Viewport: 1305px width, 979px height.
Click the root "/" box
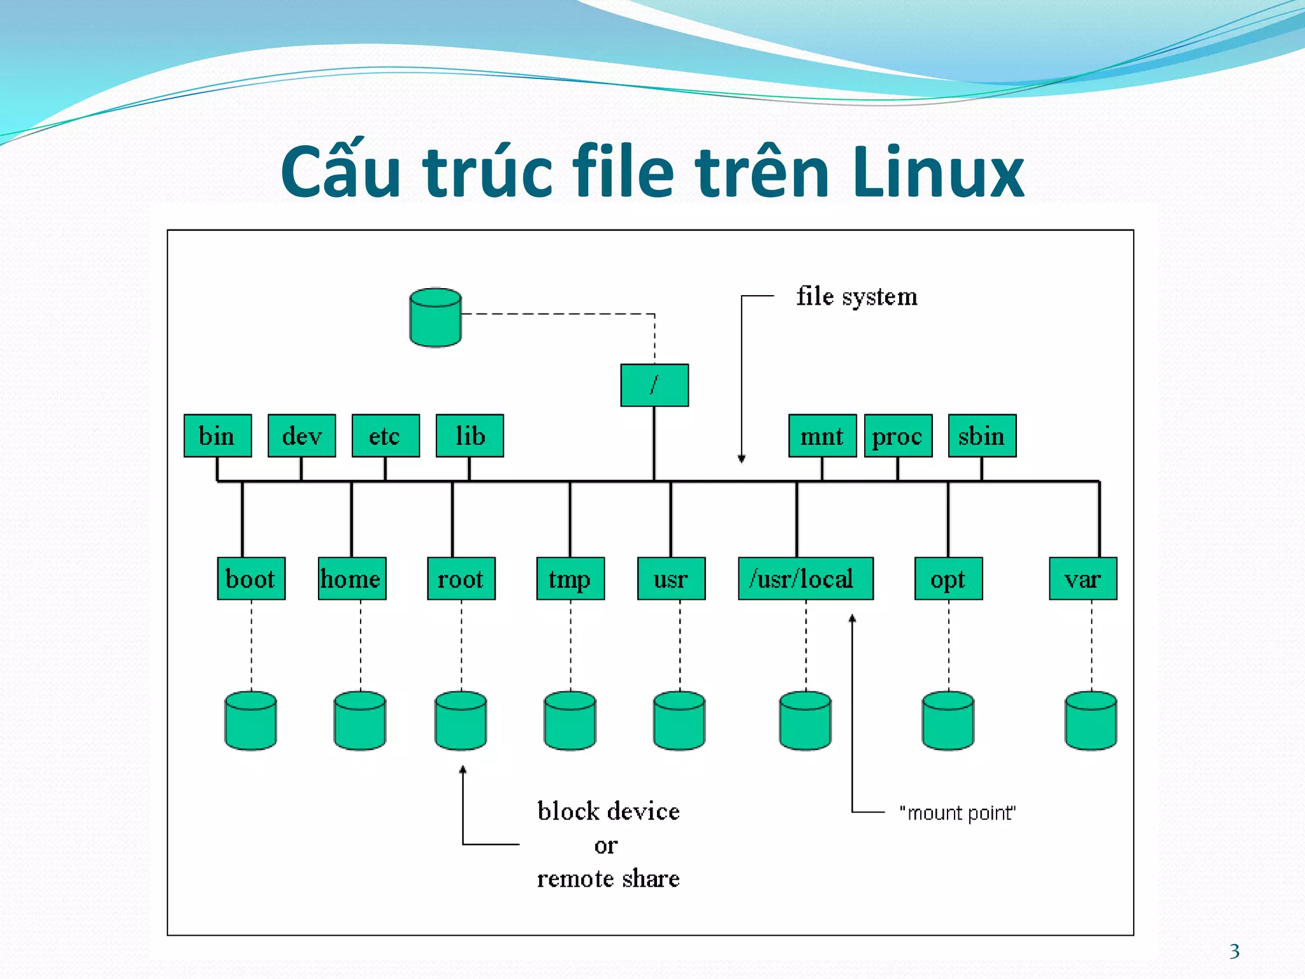654,385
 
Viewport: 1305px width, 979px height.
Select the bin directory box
217,436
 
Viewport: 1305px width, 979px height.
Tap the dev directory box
301,436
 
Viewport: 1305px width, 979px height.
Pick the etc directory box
386,436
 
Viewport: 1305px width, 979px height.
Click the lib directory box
470,436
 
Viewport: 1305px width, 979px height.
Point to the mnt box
822,436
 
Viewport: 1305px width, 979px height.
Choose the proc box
898,436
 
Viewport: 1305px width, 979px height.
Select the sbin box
982,436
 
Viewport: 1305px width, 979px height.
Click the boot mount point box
251,579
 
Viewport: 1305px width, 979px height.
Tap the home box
352,579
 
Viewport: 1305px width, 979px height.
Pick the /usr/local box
805,579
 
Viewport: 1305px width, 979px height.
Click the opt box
948,579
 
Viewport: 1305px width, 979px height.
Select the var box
1083,579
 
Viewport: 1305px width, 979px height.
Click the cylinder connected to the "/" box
435,317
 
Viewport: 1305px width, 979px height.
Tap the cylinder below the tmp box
570,721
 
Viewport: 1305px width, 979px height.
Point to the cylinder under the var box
1091,721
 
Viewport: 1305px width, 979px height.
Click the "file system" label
856,297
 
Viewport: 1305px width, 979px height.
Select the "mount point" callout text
957,813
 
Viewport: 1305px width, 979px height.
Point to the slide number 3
1234,952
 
